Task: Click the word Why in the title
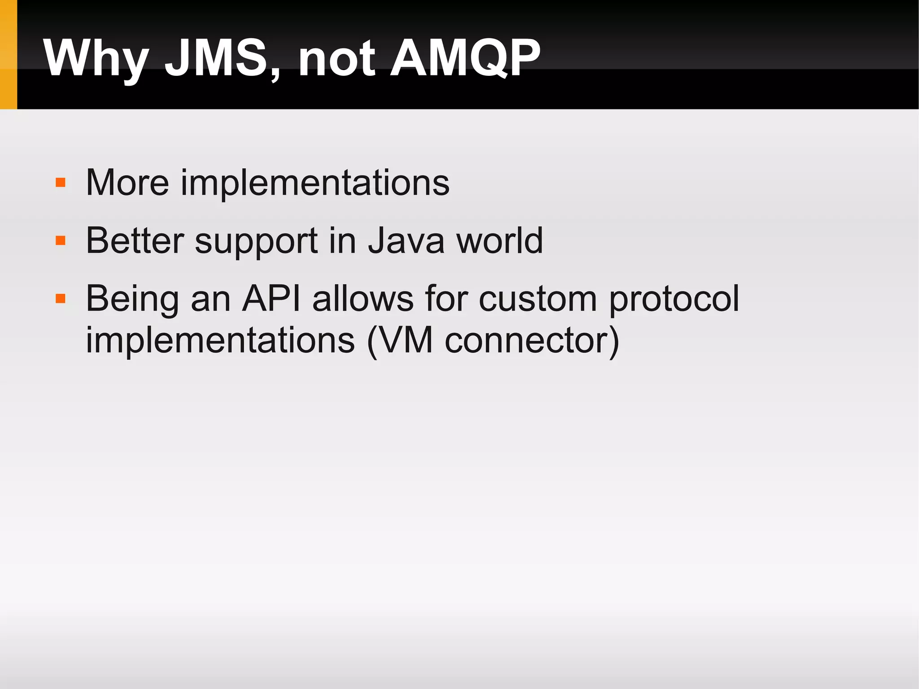96,59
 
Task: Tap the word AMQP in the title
465,58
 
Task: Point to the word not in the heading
337,59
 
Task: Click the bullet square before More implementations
61,182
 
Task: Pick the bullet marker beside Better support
61,241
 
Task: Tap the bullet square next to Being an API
61,298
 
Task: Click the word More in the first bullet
127,183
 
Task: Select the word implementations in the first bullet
315,184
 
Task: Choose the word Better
135,241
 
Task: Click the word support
256,243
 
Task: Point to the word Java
406,241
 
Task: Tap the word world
499,241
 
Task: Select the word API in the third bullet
271,298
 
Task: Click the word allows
363,298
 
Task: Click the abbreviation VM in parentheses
405,340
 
